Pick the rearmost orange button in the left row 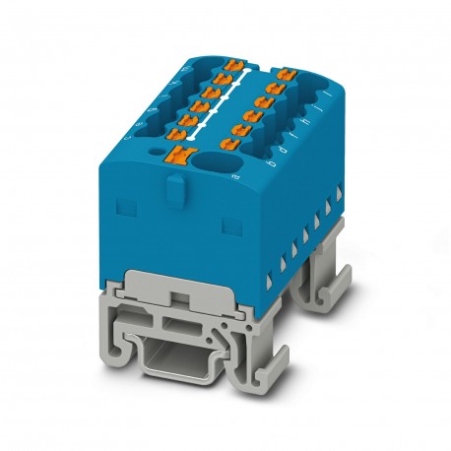[234, 65]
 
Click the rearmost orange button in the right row [288, 73]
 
